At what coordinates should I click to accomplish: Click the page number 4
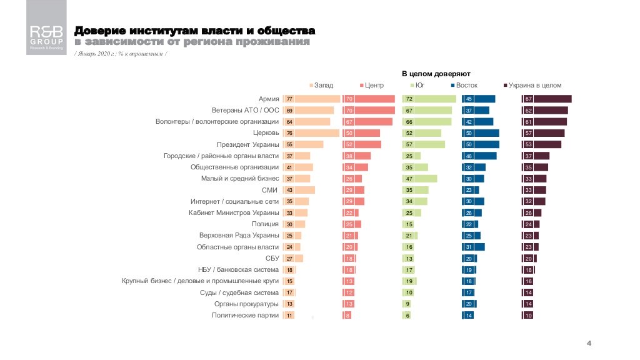point(589,343)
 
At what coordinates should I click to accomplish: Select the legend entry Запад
point(321,85)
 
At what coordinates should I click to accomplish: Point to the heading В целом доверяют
point(436,73)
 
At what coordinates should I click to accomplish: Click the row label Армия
point(269,99)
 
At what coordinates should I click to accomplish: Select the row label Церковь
point(266,133)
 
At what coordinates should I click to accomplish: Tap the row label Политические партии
point(246,316)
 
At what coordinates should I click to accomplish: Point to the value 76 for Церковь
point(289,133)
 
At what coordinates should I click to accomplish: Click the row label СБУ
point(272,258)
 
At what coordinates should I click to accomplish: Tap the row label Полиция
point(265,224)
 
